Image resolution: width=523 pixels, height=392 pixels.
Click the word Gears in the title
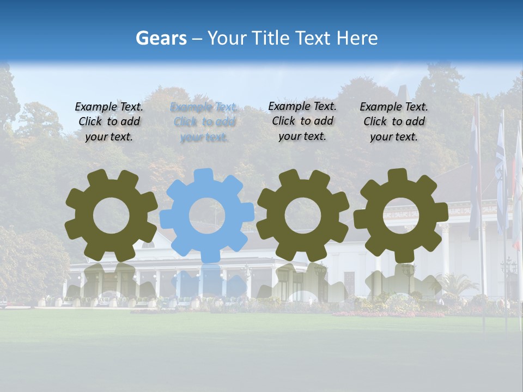(x=161, y=38)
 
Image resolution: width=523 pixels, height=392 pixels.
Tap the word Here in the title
(x=357, y=38)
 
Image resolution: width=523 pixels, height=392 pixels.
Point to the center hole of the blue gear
(x=207, y=216)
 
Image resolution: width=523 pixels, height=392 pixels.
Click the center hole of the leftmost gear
(x=111, y=216)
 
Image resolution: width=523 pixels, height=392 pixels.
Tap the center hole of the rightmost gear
(x=400, y=216)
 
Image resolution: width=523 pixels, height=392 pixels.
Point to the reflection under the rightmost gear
(x=400, y=283)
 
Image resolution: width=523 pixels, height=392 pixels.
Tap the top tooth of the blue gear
(x=204, y=175)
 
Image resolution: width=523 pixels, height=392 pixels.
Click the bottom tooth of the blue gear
(x=208, y=256)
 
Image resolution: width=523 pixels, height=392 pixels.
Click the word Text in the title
(x=314, y=38)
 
